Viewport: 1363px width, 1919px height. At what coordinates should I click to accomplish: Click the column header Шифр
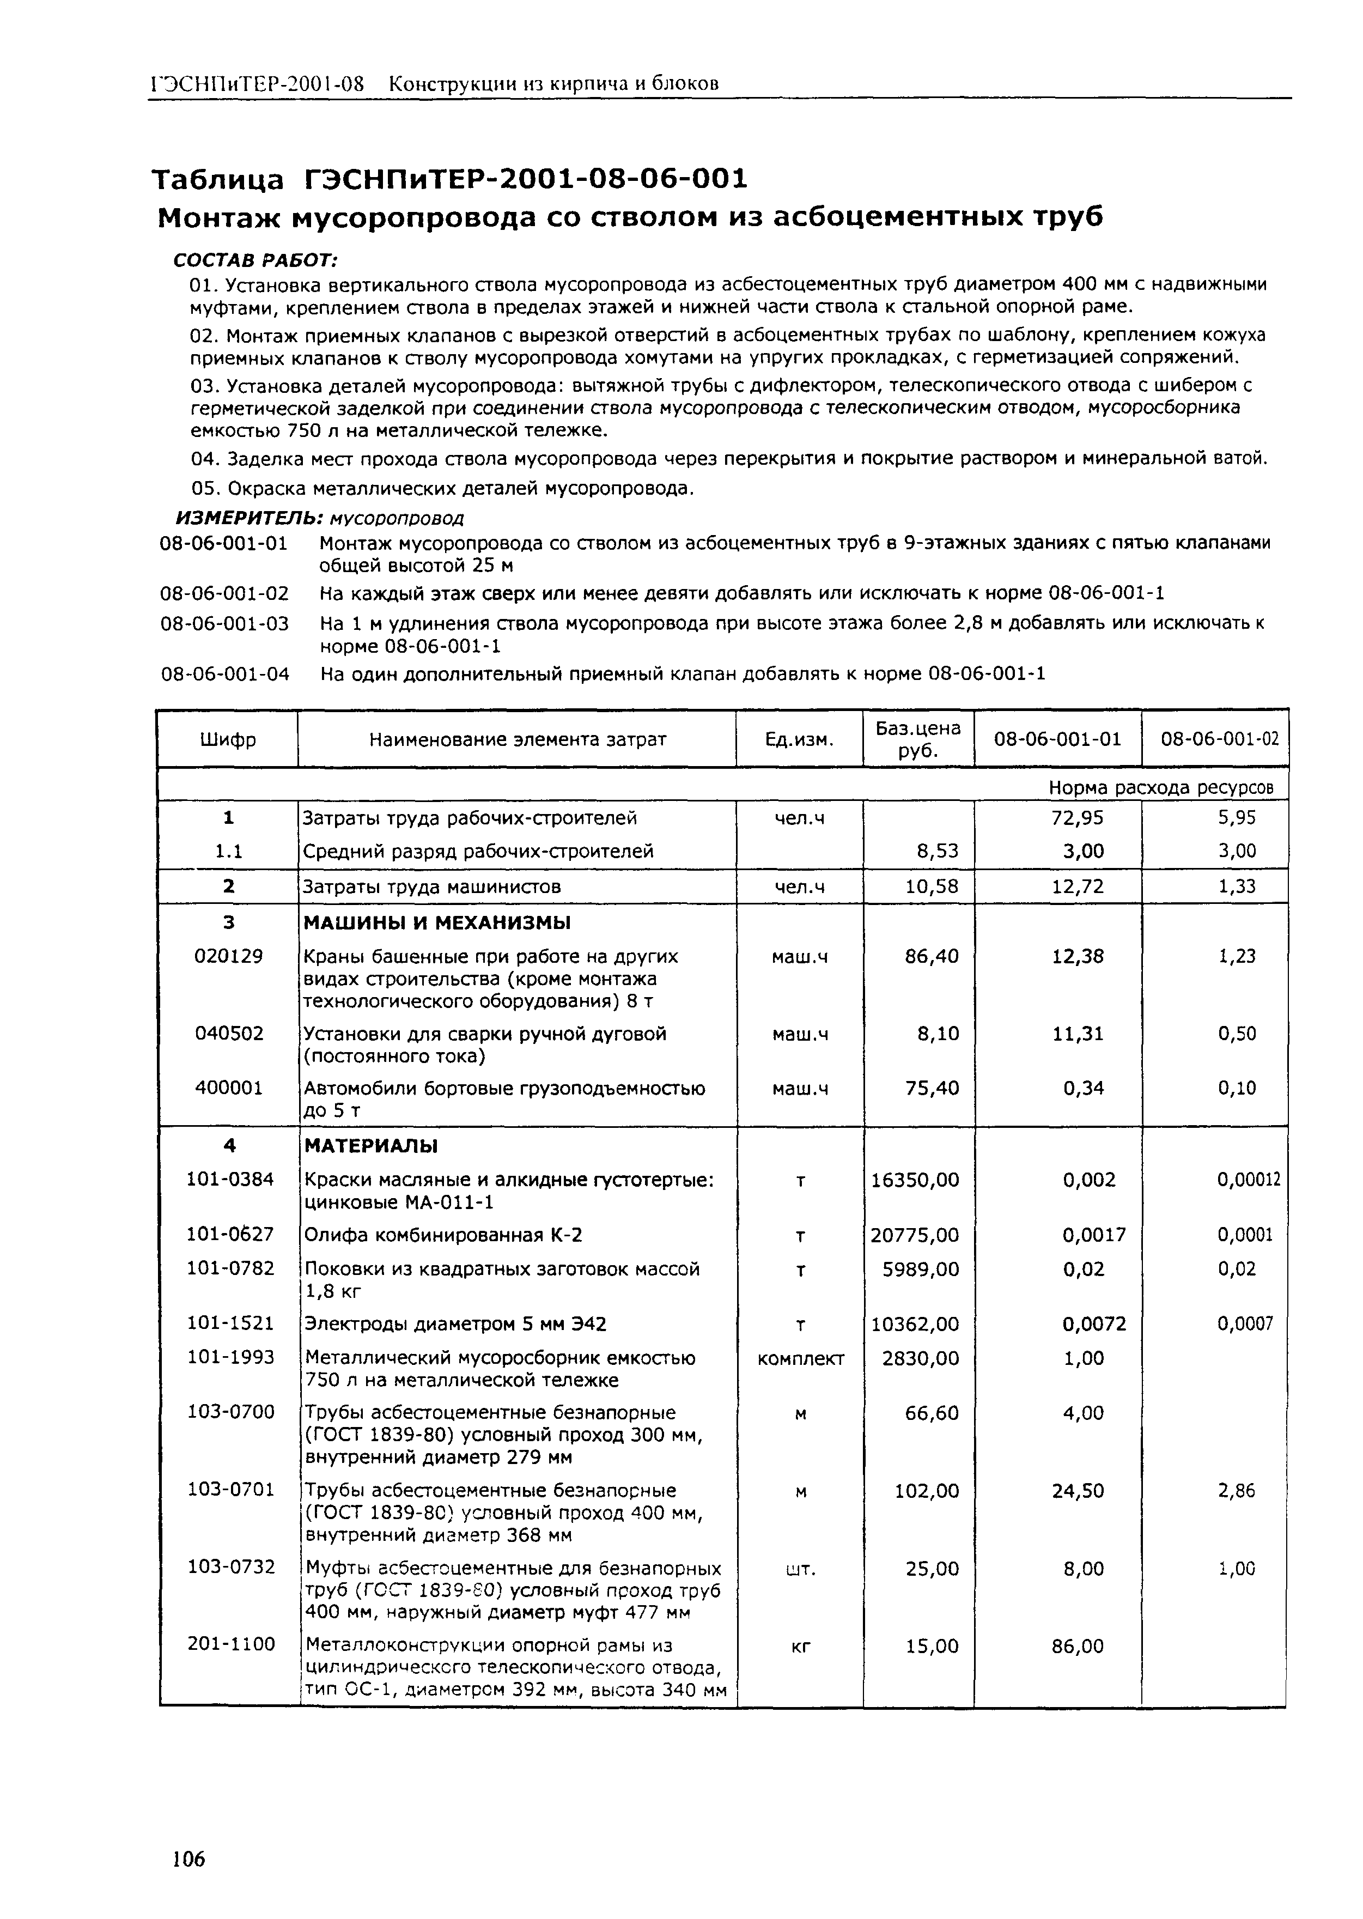[x=228, y=739]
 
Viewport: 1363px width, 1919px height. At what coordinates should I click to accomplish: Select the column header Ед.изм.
[x=799, y=739]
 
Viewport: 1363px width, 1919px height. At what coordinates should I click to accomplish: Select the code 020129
[x=228, y=956]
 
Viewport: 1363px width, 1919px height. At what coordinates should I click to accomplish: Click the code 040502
[x=228, y=1034]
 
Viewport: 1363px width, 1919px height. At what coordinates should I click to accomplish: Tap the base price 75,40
[x=932, y=1088]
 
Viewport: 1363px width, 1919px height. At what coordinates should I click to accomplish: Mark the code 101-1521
[x=230, y=1324]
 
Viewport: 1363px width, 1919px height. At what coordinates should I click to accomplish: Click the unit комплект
[x=800, y=1358]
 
